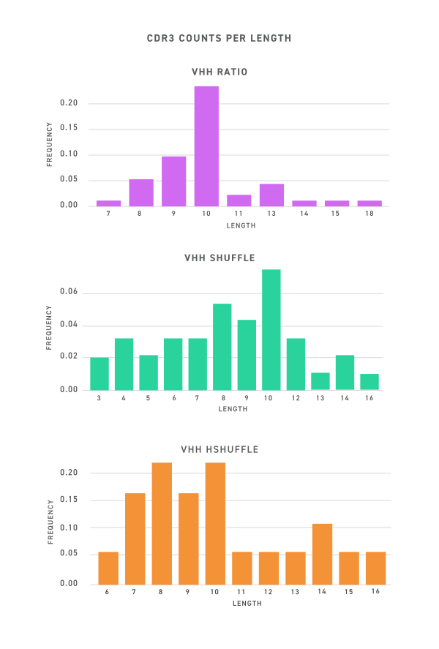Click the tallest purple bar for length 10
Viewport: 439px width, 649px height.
[206, 146]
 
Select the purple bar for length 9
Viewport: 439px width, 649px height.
[173, 180]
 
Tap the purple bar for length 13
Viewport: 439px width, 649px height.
[271, 195]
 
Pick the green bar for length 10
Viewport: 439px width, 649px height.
[271, 329]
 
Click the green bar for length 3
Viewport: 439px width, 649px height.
[100, 373]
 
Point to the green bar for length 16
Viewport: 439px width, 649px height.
[369, 382]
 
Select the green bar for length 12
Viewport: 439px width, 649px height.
[296, 364]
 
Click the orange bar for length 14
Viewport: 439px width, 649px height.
[322, 554]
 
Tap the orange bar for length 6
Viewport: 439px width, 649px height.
[108, 568]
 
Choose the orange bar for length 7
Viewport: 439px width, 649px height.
[135, 539]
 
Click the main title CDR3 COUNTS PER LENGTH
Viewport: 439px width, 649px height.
[219, 38]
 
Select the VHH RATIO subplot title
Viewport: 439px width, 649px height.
[219, 72]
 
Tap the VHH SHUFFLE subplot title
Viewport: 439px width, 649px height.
[219, 258]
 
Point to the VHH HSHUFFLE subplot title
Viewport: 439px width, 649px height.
[219, 449]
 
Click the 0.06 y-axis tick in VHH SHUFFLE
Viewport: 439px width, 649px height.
[69, 291]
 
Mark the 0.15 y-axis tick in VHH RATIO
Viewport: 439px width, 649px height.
[69, 128]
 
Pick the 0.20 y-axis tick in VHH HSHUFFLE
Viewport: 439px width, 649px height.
[69, 473]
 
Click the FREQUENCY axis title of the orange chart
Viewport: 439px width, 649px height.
[50, 522]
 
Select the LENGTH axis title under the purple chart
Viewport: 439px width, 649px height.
[241, 225]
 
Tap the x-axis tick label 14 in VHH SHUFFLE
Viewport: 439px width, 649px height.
[345, 398]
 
